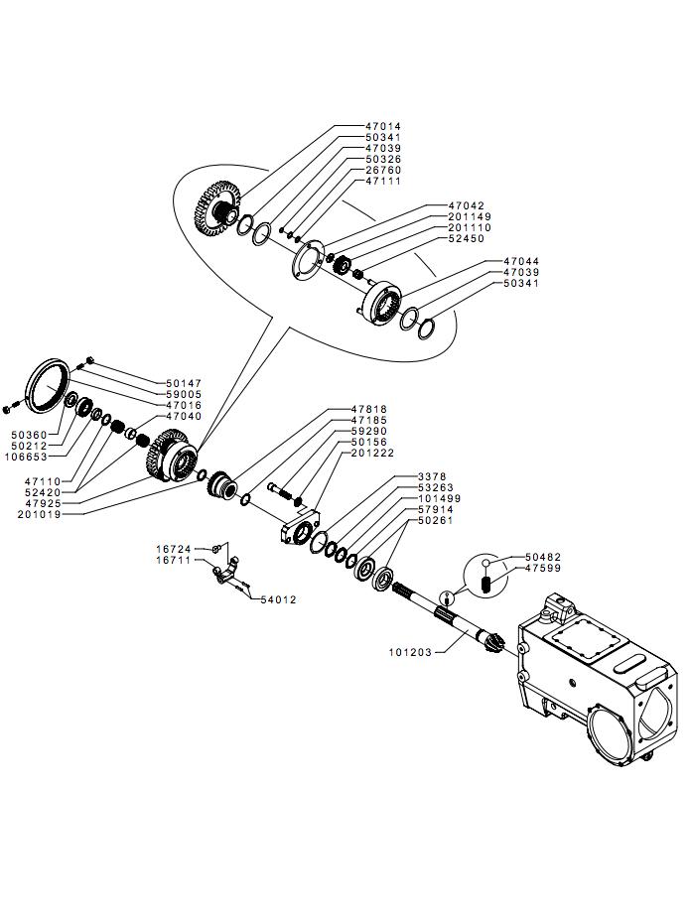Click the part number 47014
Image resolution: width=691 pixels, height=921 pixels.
[x=383, y=126]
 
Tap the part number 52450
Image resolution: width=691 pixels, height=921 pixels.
[x=466, y=238]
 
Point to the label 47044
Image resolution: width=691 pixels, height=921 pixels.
[x=521, y=261]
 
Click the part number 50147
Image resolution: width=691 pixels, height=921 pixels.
[x=183, y=383]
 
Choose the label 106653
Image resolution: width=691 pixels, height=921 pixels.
[x=27, y=457]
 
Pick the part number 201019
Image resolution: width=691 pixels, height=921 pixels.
[x=40, y=514]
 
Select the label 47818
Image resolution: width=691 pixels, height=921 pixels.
[x=369, y=409]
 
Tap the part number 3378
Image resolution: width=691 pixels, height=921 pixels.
[x=432, y=476]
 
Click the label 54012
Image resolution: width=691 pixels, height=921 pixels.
[x=278, y=599]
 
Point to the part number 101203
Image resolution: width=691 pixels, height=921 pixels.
[x=410, y=652]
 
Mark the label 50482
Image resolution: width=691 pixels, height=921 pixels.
[x=543, y=557]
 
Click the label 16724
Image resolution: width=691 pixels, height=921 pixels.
[x=174, y=549]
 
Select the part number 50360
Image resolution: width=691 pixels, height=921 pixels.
[x=30, y=435]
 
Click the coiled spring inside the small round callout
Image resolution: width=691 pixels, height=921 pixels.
[x=486, y=585]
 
